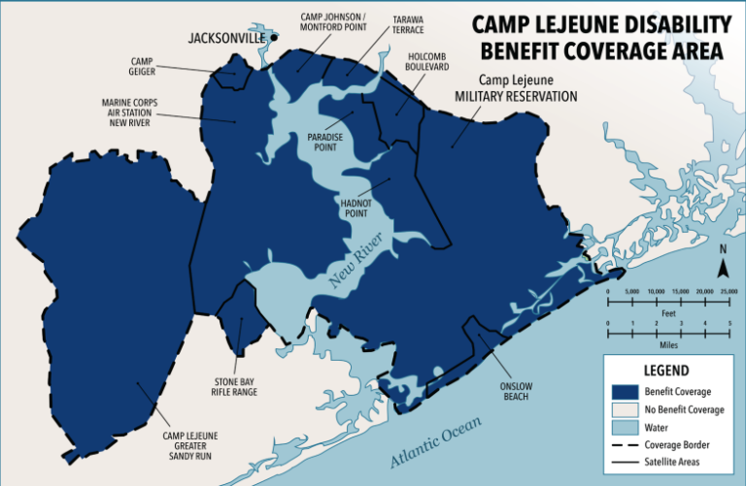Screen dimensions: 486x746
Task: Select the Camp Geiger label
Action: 142,66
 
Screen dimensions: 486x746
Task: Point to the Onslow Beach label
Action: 517,390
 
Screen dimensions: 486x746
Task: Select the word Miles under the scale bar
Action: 668,344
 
